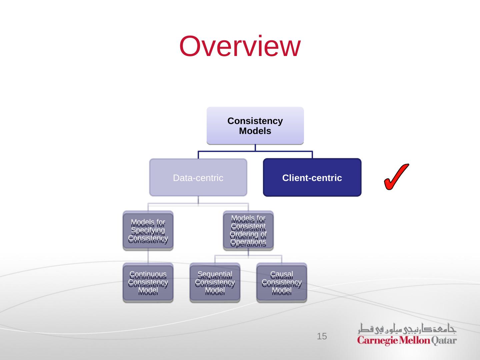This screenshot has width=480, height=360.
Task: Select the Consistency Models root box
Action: click(x=255, y=126)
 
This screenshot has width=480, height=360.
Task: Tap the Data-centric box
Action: click(x=198, y=177)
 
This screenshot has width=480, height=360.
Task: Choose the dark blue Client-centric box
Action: click(x=312, y=177)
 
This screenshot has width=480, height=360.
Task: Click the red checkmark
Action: click(x=396, y=177)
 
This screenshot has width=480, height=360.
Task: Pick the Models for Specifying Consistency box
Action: click(x=148, y=230)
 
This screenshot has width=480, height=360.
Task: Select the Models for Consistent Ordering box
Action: click(x=248, y=230)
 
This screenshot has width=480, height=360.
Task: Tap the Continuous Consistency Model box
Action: click(x=148, y=282)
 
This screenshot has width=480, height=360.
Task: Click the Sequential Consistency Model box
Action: click(x=215, y=282)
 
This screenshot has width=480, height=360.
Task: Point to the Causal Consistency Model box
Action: click(x=282, y=282)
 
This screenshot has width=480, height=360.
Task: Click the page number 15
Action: click(x=322, y=336)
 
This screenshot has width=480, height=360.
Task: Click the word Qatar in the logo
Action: click(x=444, y=341)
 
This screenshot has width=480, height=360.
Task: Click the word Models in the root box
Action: click(x=255, y=131)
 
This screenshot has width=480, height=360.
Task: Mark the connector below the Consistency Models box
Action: click(x=255, y=148)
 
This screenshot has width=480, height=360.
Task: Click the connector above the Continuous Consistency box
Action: click(x=148, y=256)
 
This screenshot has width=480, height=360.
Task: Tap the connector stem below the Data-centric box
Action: click(x=198, y=200)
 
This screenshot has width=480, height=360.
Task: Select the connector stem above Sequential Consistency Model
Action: click(x=215, y=259)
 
